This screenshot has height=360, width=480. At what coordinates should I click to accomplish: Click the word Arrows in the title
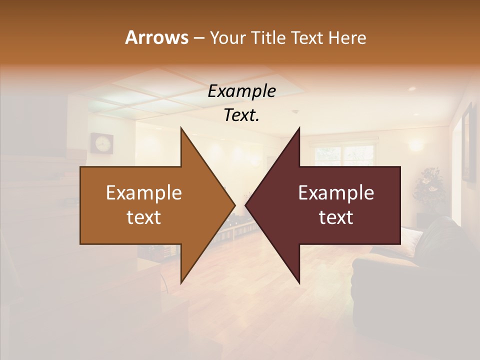coord(156,37)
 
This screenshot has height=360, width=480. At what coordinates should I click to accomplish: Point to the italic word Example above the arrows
coord(241,91)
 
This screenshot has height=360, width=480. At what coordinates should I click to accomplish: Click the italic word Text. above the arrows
coord(241,115)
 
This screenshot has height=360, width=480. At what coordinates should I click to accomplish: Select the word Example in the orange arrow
coord(143,193)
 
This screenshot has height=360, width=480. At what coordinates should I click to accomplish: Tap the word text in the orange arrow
coord(143,217)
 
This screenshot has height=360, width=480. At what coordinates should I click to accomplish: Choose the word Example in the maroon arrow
coord(336,193)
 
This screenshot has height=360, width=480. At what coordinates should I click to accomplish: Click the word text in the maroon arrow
coord(336,217)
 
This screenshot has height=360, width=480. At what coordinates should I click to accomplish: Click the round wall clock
coord(101,143)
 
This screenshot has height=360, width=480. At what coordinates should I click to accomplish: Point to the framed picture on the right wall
coord(468,142)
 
